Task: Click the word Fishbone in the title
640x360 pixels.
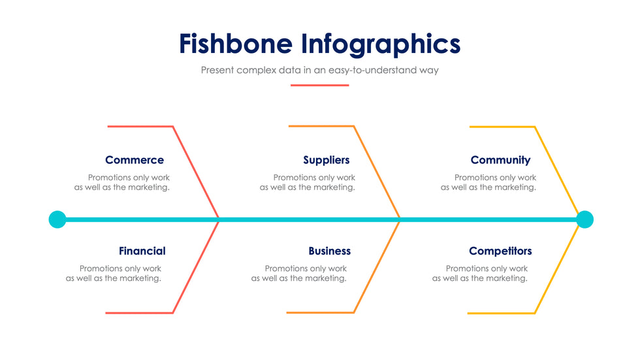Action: (x=236, y=44)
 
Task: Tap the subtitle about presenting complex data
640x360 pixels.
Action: (x=319, y=70)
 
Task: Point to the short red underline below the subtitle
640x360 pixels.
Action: (x=319, y=86)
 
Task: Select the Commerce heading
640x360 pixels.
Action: (x=135, y=160)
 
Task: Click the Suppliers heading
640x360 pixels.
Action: (x=326, y=161)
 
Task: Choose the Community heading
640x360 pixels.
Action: (x=500, y=161)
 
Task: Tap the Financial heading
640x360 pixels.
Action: (x=142, y=251)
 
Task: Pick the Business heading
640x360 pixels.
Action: (x=329, y=251)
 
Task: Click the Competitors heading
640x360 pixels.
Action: (x=500, y=251)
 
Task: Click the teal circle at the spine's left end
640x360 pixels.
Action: (x=57, y=220)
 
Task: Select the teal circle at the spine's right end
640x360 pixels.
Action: (x=585, y=220)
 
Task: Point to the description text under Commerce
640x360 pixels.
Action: (x=121, y=182)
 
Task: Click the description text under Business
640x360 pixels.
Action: (x=299, y=274)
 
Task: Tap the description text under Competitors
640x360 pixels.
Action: (x=480, y=274)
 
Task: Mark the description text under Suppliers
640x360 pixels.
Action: (x=308, y=182)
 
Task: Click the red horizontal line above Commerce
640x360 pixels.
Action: (x=140, y=127)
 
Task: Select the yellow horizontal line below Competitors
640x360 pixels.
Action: (x=502, y=314)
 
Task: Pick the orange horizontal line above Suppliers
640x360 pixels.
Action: (x=321, y=126)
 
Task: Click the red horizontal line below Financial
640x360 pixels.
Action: (x=139, y=313)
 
